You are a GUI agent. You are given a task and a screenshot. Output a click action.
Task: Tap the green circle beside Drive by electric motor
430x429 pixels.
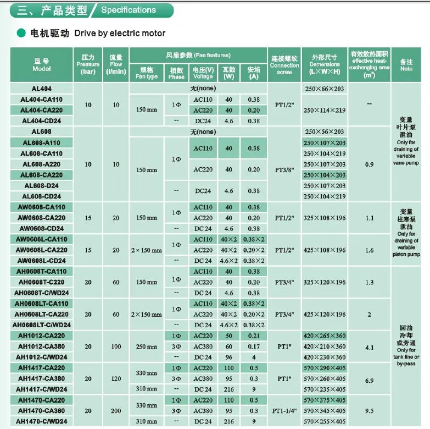[20, 34]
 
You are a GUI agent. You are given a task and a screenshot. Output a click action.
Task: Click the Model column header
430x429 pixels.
[42, 65]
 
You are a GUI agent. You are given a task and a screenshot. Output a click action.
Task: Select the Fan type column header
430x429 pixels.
[147, 73]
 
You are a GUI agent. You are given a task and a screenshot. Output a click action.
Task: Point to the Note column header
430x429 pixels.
[406, 65]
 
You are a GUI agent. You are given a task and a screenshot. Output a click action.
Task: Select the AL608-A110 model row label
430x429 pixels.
[42, 142]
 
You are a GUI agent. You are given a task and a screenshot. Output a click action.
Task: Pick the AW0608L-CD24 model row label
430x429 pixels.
[42, 261]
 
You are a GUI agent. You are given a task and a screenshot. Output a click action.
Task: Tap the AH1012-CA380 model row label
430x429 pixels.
[42, 346]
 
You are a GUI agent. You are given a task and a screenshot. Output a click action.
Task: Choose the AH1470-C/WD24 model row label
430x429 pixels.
[42, 422]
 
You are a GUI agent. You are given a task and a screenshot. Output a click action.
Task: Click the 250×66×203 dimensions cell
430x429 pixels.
[325, 89]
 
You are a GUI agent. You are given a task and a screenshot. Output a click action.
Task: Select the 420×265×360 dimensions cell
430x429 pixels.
[325, 336]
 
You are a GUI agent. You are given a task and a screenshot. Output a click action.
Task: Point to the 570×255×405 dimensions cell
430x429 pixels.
[325, 422]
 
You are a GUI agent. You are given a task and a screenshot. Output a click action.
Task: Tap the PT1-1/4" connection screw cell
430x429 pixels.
[284, 411]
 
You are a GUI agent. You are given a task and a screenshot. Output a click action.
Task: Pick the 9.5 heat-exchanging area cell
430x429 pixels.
[369, 411]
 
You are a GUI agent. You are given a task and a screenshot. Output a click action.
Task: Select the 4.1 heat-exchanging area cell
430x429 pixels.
[369, 347]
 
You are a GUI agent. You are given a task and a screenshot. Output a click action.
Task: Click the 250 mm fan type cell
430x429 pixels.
[147, 347]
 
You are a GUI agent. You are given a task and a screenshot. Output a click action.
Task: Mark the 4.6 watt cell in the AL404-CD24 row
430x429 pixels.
[229, 120]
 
